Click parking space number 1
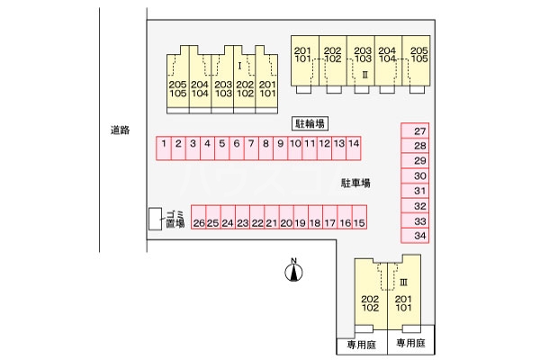tap(165, 144)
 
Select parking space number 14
tap(355, 144)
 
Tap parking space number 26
tap(200, 222)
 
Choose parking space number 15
tap(359, 222)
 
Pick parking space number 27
tap(419, 132)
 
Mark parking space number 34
tap(419, 236)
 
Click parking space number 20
tap(286, 222)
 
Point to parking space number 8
tap(265, 144)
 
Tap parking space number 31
tap(419, 191)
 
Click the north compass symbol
tap(293, 273)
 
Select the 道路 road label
tap(120, 130)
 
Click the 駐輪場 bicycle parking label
tap(309, 121)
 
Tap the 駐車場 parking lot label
tap(356, 183)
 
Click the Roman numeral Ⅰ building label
tap(238, 67)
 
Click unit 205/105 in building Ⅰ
tap(177, 88)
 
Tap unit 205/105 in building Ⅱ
tap(417, 54)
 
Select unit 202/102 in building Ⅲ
tap(370, 304)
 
